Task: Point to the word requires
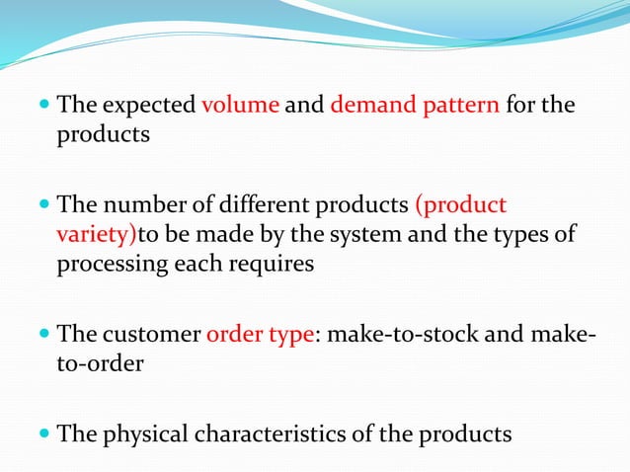tap(277, 264)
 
